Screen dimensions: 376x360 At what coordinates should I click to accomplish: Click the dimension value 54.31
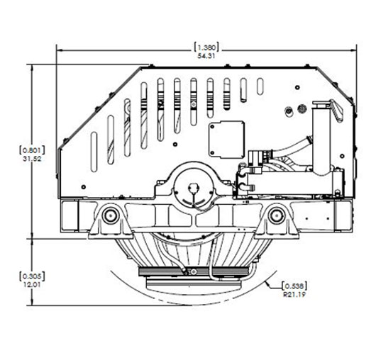pyautogui.click(x=206, y=56)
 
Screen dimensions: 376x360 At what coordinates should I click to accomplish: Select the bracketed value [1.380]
pyautogui.click(x=206, y=47)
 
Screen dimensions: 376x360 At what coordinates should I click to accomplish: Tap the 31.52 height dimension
pyautogui.click(x=32, y=159)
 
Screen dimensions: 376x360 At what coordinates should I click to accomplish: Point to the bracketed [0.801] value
pyautogui.click(x=32, y=150)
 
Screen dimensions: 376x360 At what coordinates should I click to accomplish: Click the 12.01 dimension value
pyautogui.click(x=32, y=285)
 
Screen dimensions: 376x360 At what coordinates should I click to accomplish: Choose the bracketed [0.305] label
pyautogui.click(x=32, y=276)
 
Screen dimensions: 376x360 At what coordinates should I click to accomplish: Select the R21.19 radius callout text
pyautogui.click(x=294, y=294)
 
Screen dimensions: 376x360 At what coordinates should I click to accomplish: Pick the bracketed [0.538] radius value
pyautogui.click(x=294, y=286)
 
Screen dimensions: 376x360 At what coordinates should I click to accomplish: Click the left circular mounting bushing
pyautogui.click(x=111, y=215)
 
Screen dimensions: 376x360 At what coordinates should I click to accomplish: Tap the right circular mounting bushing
pyautogui.click(x=277, y=215)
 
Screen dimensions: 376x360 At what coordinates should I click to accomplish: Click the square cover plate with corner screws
pyautogui.click(x=226, y=140)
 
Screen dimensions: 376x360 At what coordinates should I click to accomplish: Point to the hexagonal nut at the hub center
pyautogui.click(x=193, y=187)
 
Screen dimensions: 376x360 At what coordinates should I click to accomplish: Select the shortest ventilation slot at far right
pyautogui.click(x=260, y=86)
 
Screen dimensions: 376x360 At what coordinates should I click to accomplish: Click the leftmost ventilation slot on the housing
pyautogui.click(x=94, y=152)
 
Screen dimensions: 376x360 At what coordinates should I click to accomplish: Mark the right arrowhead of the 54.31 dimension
pyautogui.click(x=354, y=50)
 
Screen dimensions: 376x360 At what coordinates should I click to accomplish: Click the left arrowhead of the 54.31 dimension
pyautogui.click(x=59, y=50)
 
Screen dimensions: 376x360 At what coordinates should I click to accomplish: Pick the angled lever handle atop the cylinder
pyautogui.click(x=336, y=111)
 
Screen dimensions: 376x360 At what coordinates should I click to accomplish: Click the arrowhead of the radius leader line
pyautogui.click(x=267, y=283)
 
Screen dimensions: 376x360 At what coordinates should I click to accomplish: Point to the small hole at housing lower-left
pyautogui.click(x=84, y=187)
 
